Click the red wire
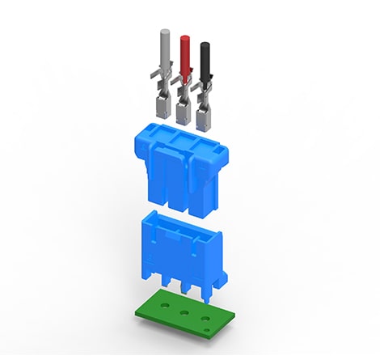coord(184,57)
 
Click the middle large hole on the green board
coord(185,312)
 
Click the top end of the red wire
coord(184,38)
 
